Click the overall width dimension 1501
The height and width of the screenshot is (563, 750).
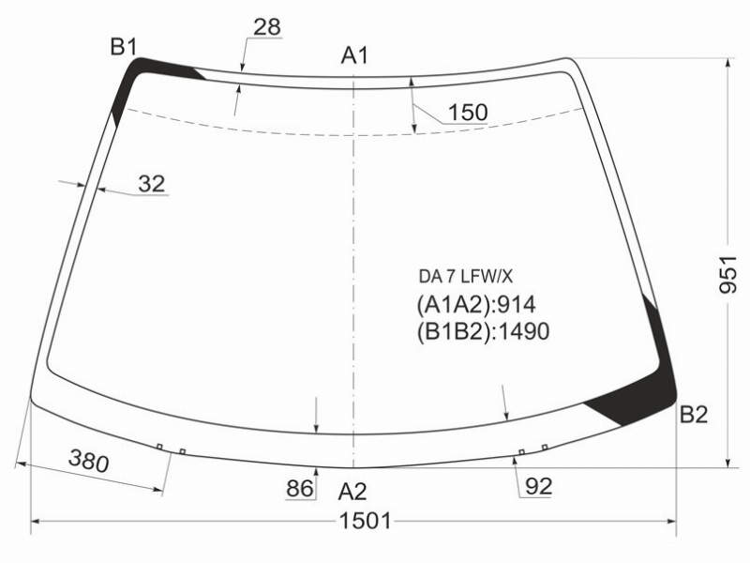[365, 521]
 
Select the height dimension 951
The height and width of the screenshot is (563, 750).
[728, 274]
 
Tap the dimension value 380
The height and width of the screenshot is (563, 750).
[89, 461]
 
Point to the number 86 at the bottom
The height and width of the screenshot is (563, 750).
[300, 488]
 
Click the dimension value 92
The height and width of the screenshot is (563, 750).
[538, 486]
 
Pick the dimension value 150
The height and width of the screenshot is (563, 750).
[468, 113]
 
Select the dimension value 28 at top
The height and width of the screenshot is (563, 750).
[267, 27]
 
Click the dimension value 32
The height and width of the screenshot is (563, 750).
[152, 183]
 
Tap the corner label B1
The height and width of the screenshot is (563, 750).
[124, 47]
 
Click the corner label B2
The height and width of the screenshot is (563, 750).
[694, 414]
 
